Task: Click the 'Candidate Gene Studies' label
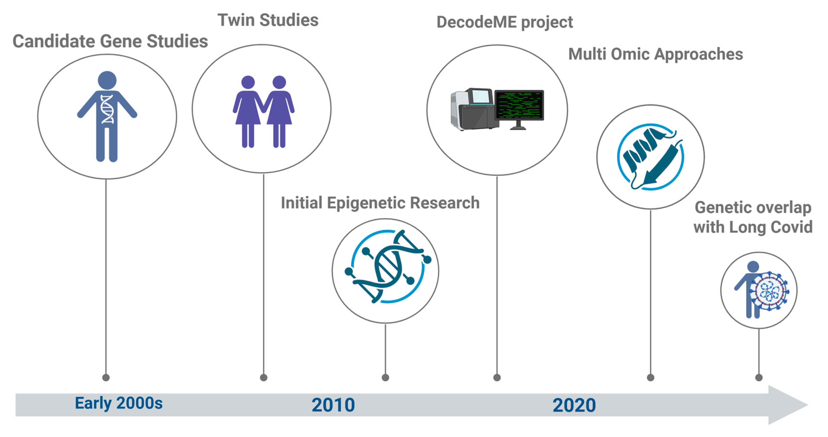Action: click(110, 41)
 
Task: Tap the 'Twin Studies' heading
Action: click(268, 20)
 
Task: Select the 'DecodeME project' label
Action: click(505, 22)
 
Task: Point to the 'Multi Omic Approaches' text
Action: click(656, 54)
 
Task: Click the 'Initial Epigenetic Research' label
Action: click(380, 203)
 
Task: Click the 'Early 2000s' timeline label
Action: click(119, 403)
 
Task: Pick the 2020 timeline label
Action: click(574, 405)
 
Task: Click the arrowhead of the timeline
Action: click(788, 405)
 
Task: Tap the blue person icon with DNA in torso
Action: click(107, 116)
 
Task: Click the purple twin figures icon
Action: click(264, 112)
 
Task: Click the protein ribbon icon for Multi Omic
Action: click(650, 157)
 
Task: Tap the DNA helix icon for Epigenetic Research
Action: click(388, 267)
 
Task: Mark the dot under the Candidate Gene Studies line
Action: click(106, 377)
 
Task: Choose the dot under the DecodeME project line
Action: click(497, 377)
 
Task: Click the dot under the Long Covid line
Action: click(759, 377)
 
